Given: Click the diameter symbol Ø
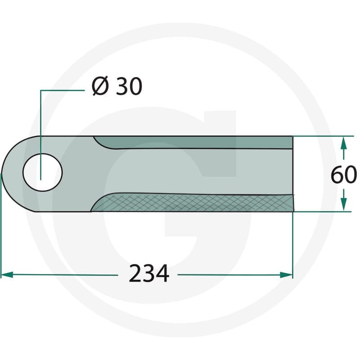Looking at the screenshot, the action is (100, 86).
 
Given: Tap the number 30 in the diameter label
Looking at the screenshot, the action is (129, 86).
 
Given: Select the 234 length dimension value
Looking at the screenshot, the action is (149, 274).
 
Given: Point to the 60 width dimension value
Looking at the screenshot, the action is (344, 175).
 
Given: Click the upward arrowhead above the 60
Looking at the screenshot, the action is (343, 143).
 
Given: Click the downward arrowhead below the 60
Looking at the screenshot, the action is (343, 205).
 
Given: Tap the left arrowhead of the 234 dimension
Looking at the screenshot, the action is (7, 274).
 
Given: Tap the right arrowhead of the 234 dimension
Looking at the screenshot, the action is (287, 275).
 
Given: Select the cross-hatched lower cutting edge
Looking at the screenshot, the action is (193, 202).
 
